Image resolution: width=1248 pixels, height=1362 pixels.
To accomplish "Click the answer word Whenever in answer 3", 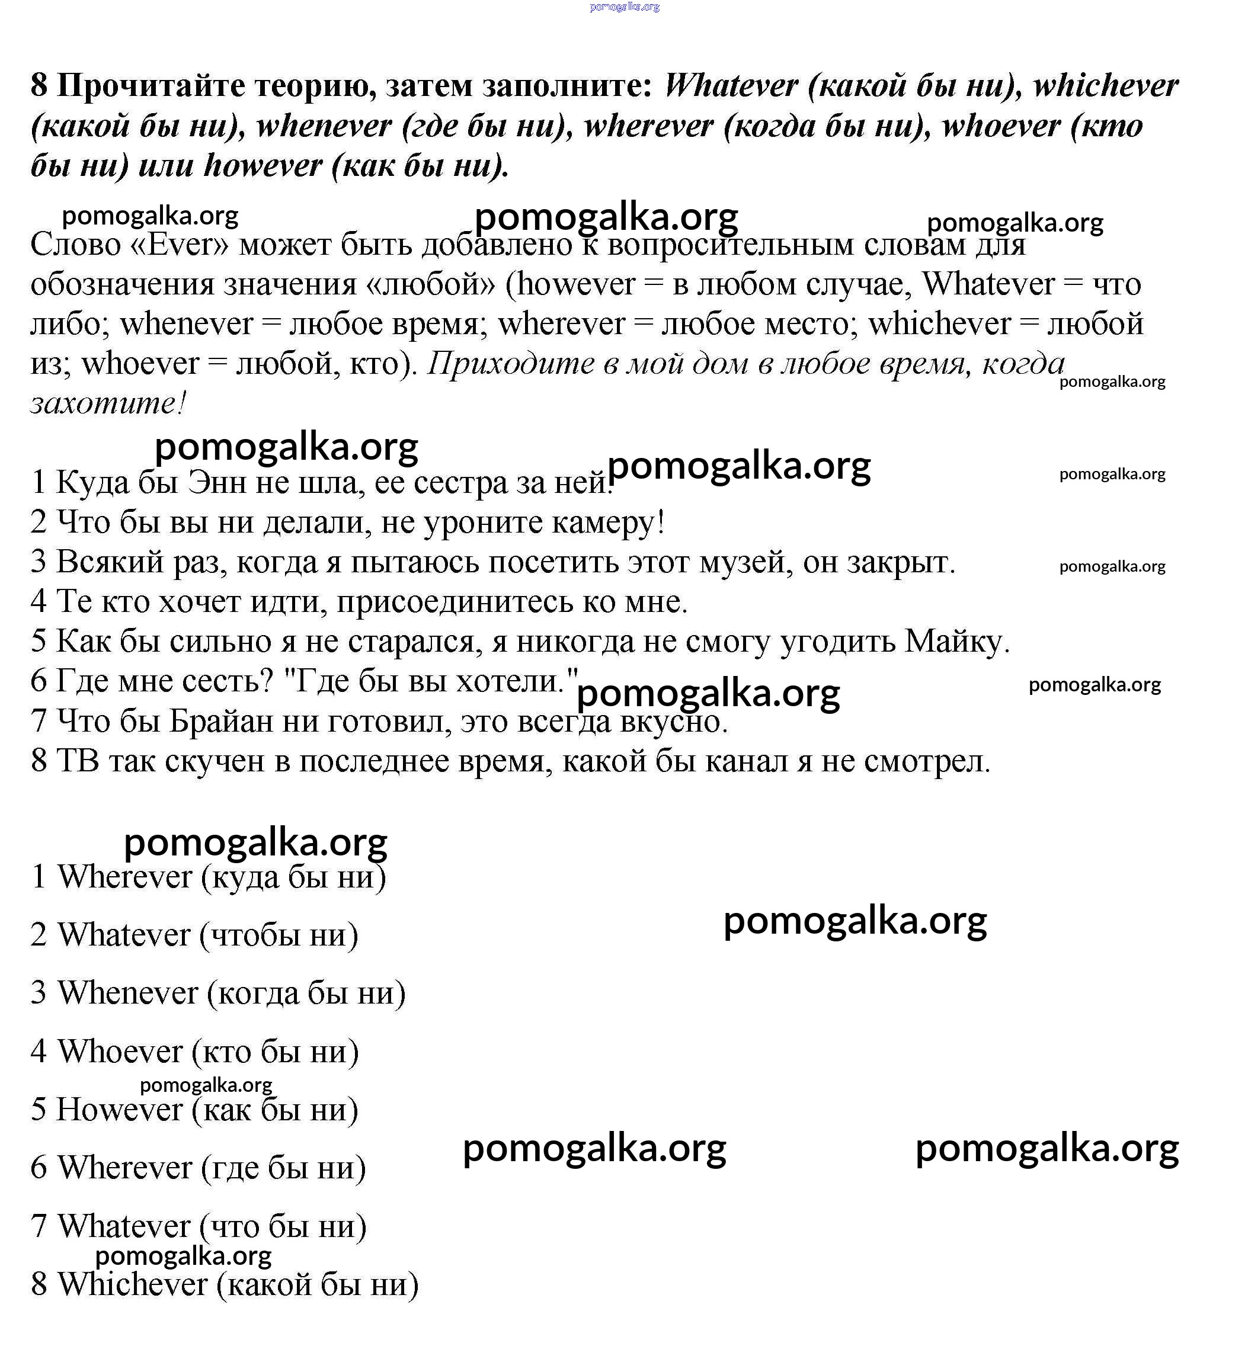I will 128,993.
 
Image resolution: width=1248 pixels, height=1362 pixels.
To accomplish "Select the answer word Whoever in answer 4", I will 120,1051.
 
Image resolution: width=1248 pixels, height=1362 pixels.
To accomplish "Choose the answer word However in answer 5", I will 119,1109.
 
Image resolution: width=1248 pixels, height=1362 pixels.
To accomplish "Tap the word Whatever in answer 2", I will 124,935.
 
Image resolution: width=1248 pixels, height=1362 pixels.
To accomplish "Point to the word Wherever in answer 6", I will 124,1168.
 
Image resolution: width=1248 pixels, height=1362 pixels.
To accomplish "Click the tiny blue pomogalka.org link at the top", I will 625,7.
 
